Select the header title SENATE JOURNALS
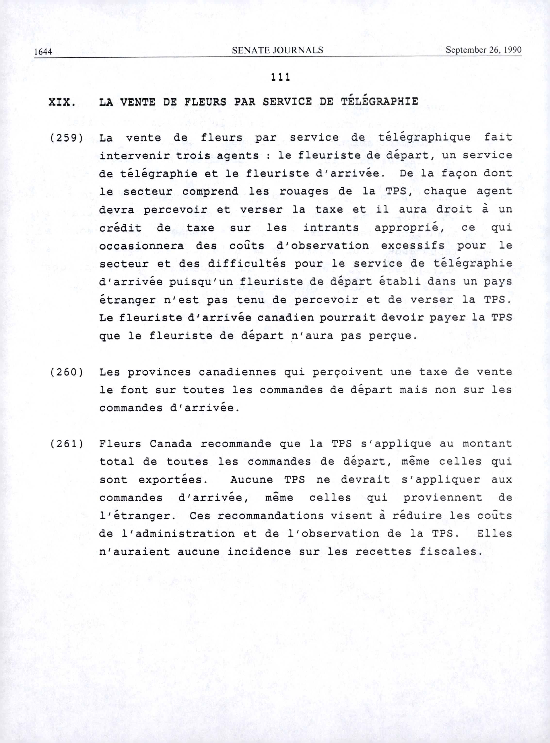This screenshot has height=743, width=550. click(277, 50)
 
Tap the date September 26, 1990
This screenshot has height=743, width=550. click(483, 50)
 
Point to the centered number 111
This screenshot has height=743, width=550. click(280, 77)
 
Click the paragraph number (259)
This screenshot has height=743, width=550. click(66, 138)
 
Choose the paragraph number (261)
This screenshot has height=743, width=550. click(66, 444)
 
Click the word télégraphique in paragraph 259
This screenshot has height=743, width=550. click(425, 138)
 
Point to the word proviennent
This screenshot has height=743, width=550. click(442, 498)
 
